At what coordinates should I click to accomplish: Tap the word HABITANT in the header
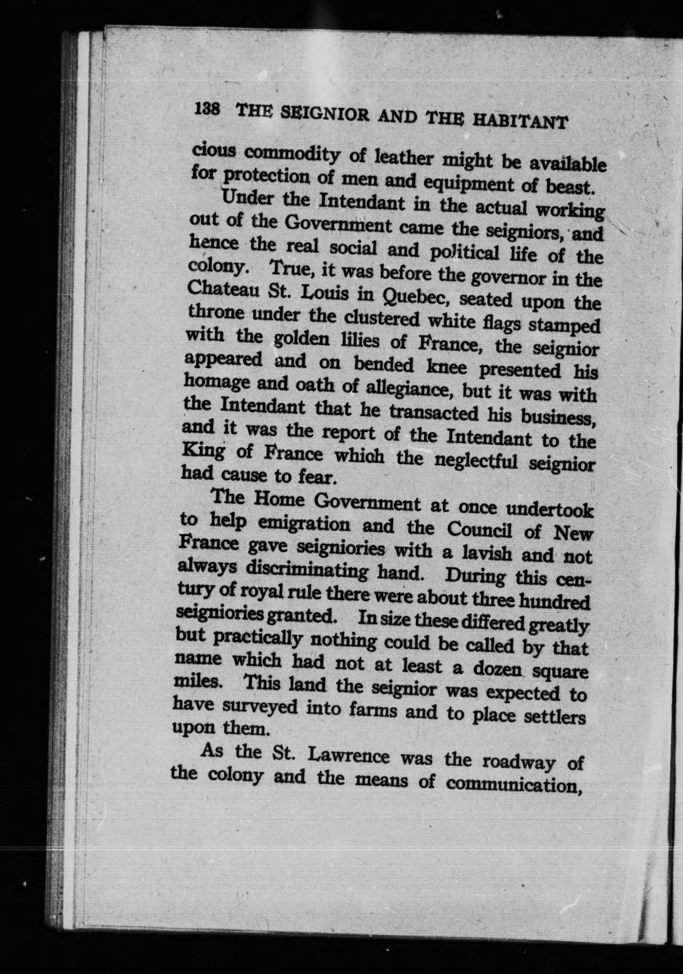click(x=520, y=121)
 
